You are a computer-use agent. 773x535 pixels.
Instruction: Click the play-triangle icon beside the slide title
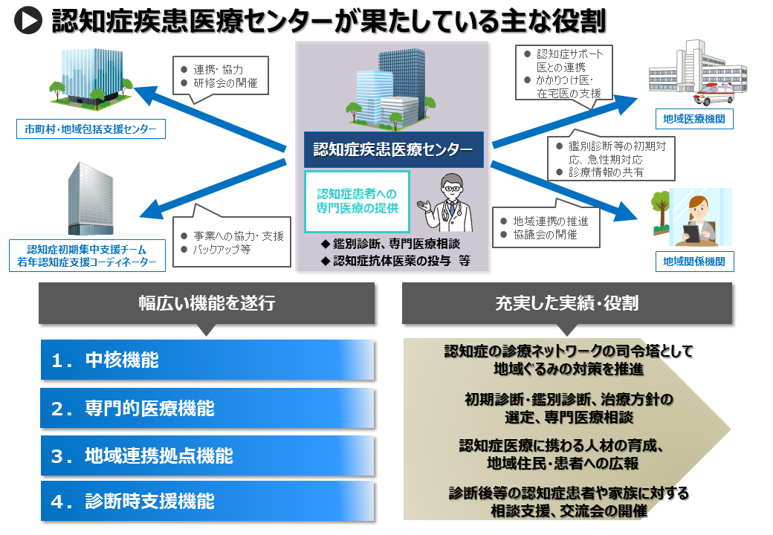click(x=28, y=21)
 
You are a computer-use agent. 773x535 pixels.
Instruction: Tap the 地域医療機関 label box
click(x=694, y=118)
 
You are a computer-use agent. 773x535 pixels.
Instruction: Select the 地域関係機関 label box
click(x=694, y=261)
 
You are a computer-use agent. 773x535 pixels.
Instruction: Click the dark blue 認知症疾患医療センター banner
click(x=393, y=150)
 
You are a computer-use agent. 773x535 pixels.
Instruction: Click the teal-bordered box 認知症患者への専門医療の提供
click(x=358, y=201)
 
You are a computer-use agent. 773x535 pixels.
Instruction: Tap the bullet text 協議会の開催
click(x=545, y=234)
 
